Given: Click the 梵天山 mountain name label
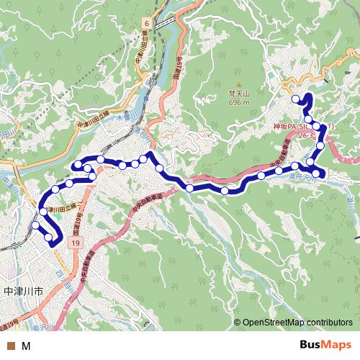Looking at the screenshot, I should [x=238, y=94].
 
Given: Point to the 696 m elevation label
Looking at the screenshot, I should [x=238, y=103].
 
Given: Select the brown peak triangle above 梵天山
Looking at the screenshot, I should [x=238, y=84].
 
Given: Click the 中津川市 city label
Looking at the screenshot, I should [x=24, y=292].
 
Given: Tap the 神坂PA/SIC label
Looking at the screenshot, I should [x=293, y=125].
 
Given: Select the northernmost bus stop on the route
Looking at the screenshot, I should [x=295, y=99].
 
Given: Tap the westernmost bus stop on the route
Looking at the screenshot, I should [x=36, y=225].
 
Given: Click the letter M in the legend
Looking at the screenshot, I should [x=26, y=346].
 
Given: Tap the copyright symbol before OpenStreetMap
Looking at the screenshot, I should [x=237, y=323].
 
